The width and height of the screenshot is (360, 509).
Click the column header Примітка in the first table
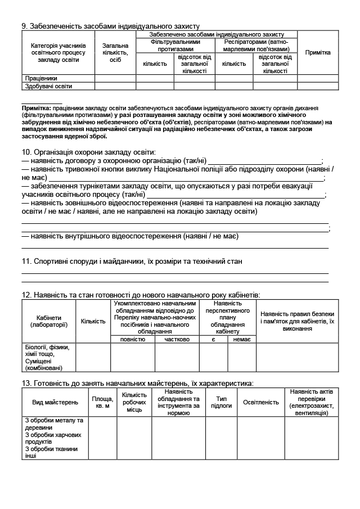tap(318, 52)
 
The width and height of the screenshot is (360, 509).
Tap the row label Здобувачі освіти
tap(49, 86)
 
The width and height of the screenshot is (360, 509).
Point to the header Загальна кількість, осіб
tap(115, 52)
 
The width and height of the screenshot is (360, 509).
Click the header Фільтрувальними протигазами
tap(175, 45)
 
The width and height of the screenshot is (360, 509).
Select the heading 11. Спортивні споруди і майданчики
tap(132, 262)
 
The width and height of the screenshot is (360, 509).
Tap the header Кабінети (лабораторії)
tap(49, 321)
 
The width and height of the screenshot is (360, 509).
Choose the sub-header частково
tap(177, 339)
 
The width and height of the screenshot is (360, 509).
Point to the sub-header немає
tap(242, 339)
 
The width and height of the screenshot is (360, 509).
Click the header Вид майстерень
tap(55, 402)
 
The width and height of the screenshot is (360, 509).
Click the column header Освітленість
tap(261, 402)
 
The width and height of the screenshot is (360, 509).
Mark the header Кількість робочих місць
tap(134, 402)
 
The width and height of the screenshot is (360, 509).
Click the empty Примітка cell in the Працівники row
tap(318, 78)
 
